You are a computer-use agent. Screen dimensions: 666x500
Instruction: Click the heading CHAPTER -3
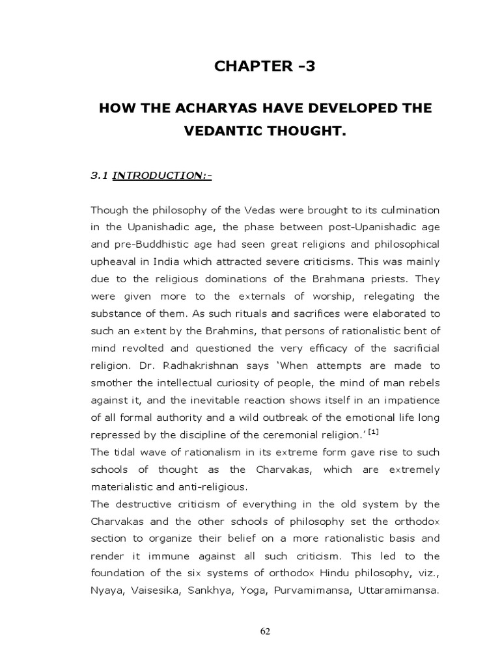tap(265, 65)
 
